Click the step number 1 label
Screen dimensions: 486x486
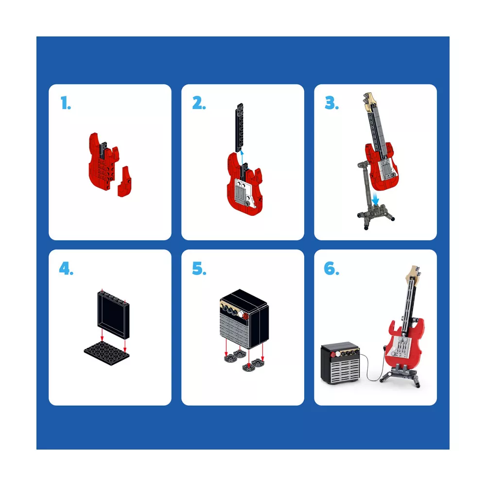tap(66, 103)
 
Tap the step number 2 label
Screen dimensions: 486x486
tap(199, 103)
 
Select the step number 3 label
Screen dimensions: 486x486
tap(331, 103)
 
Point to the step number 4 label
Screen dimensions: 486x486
tap(66, 268)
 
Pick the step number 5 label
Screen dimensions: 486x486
tap(199, 268)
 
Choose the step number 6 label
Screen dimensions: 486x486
tap(331, 268)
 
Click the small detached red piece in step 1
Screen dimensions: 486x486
tap(124, 182)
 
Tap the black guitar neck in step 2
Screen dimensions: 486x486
tap(240, 127)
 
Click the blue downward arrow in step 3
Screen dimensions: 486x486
tap(375, 198)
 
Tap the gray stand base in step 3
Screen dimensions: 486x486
tap(376, 216)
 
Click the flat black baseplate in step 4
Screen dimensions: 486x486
tap(106, 352)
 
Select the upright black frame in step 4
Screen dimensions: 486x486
tap(113, 314)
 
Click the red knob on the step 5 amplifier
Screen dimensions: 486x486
tap(245, 316)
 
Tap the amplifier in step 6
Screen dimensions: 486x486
tap(341, 363)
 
